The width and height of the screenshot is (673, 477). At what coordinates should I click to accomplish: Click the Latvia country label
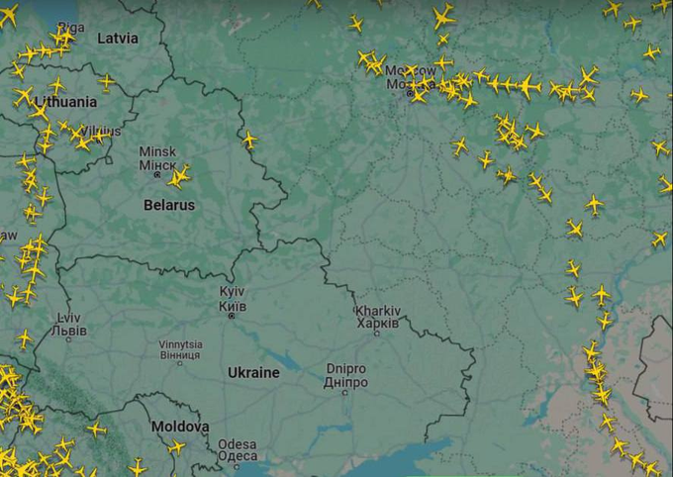click(118, 38)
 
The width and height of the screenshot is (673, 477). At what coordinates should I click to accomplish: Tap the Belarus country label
click(168, 206)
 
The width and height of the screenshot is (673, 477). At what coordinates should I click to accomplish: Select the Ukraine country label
click(253, 373)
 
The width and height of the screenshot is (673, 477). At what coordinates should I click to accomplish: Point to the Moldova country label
click(179, 427)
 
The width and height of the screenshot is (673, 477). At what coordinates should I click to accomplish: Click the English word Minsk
click(157, 152)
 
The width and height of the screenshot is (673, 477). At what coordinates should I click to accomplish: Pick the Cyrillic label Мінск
click(157, 165)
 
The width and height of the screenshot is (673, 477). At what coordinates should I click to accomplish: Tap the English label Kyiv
click(233, 293)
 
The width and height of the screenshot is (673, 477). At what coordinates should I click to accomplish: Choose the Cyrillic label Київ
click(233, 306)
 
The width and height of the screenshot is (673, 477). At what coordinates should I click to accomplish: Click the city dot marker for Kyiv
click(232, 316)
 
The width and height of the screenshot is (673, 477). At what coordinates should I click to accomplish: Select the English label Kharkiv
click(376, 311)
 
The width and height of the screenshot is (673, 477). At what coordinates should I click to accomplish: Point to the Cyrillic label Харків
click(376, 323)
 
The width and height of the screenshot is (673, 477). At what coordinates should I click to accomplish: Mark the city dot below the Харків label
click(376, 333)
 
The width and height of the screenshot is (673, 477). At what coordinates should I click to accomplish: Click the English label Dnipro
click(345, 369)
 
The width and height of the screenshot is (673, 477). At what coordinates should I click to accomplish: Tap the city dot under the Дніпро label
click(345, 392)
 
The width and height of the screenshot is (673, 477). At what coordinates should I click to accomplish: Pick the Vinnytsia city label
click(180, 344)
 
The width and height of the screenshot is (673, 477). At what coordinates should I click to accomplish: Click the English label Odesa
click(238, 443)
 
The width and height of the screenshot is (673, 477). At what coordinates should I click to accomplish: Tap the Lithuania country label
click(65, 102)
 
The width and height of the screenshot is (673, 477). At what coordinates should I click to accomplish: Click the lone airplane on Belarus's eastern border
click(248, 140)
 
